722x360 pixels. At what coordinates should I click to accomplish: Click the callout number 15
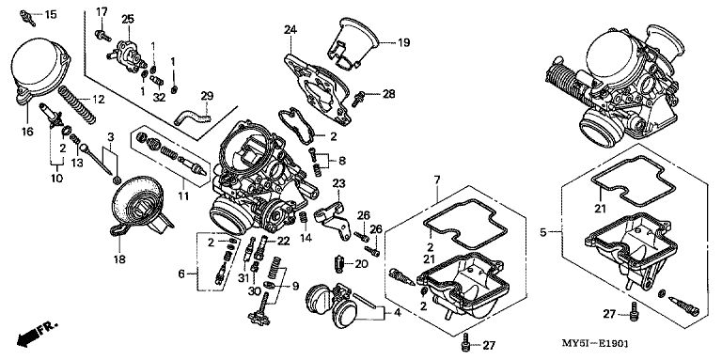pyautogui.click(x=51, y=14)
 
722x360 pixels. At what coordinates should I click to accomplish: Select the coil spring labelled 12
pyautogui.click(x=77, y=105)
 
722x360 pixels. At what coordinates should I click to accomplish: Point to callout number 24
pyautogui.click(x=290, y=30)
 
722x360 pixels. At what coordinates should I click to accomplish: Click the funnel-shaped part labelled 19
pyautogui.click(x=353, y=42)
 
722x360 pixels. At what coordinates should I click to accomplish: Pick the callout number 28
pyautogui.click(x=388, y=94)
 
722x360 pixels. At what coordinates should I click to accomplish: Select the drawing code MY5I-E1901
pyautogui.click(x=595, y=343)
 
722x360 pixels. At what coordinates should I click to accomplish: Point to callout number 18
pyautogui.click(x=119, y=259)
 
